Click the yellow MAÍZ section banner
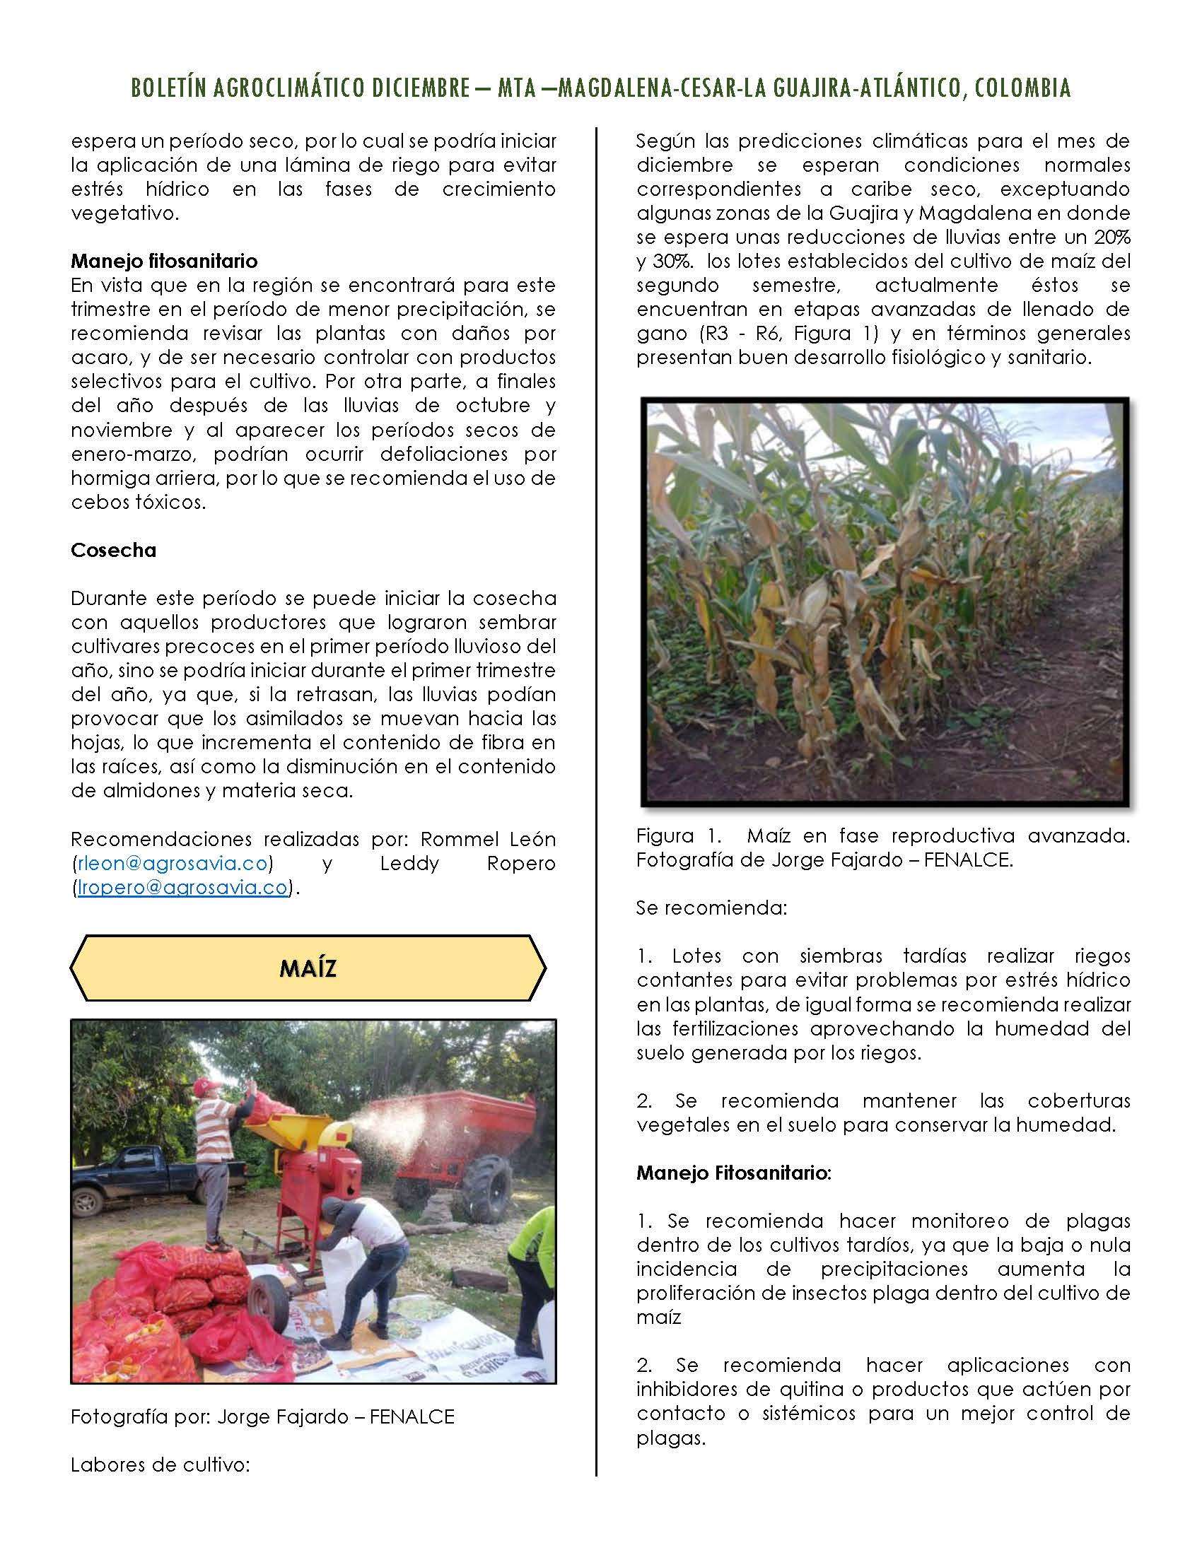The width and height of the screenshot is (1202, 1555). tap(308, 968)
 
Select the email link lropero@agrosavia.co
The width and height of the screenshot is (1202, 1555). tap(183, 888)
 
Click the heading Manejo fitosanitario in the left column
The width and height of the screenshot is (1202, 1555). tap(164, 261)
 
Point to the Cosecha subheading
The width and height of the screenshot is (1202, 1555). tap(113, 550)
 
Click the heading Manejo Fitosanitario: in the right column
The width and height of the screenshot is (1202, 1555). tap(733, 1173)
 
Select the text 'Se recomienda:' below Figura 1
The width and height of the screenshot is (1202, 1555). tap(711, 908)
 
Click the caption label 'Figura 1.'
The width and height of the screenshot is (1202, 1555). tap(665, 836)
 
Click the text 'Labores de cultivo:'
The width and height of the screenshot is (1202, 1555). tap(161, 1465)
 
